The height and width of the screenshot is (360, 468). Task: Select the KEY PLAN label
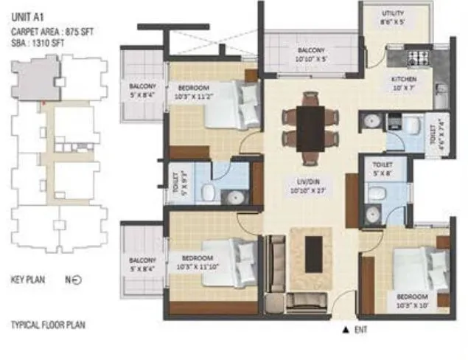[x=29, y=280]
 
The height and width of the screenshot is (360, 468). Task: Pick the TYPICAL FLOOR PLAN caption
[x=50, y=324]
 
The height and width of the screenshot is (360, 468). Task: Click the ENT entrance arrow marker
[x=344, y=329]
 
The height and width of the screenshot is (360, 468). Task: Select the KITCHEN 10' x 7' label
[x=404, y=83]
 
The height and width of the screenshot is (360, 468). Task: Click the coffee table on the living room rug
[x=314, y=252]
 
